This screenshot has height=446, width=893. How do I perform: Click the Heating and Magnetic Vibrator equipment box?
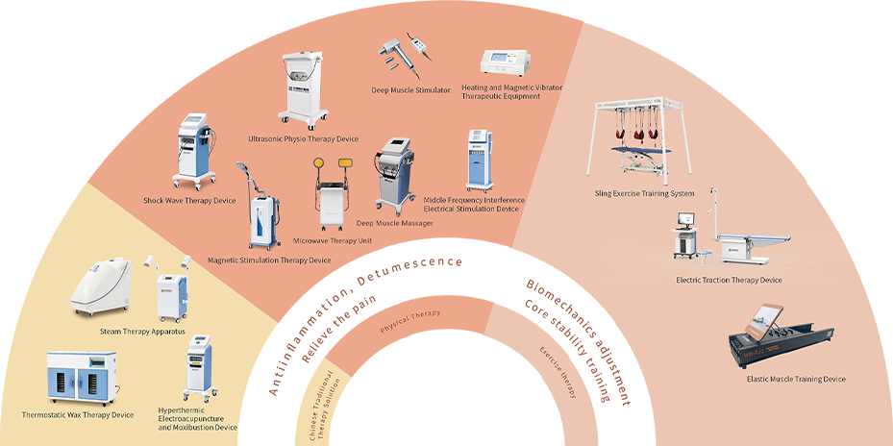point(510,62)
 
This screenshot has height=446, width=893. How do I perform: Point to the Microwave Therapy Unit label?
point(333,240)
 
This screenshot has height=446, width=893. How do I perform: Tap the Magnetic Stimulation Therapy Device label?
point(269,260)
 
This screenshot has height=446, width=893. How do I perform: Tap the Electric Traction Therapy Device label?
point(729,281)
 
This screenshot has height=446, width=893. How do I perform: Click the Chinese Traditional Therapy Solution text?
point(322,405)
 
